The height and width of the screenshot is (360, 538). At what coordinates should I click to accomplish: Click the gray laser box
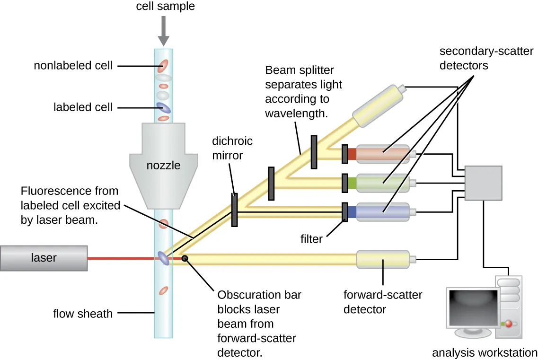pos(44,258)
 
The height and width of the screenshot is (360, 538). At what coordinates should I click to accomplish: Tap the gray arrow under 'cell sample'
pos(163,30)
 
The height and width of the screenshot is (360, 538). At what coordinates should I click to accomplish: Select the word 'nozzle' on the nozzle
pos(163,166)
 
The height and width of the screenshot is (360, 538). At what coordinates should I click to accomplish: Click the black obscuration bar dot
pos(185,258)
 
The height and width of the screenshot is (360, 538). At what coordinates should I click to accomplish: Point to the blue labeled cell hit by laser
pos(163,258)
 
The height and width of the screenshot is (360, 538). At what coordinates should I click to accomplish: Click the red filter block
pos(352,154)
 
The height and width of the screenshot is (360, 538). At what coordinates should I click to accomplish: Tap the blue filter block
pos(352,211)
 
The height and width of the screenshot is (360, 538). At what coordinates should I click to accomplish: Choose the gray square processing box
pos(483,183)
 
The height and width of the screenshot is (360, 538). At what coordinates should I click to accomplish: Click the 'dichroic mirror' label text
pos(232,147)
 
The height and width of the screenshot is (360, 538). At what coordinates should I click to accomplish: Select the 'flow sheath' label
pos(83,313)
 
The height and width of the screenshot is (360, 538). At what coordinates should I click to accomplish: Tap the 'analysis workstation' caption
pos(485,352)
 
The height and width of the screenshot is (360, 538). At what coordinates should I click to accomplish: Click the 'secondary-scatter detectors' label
pos(486,58)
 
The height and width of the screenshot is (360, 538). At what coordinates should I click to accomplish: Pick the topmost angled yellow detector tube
pos(379,105)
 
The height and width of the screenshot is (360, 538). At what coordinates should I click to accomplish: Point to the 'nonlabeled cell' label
pos(73,65)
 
